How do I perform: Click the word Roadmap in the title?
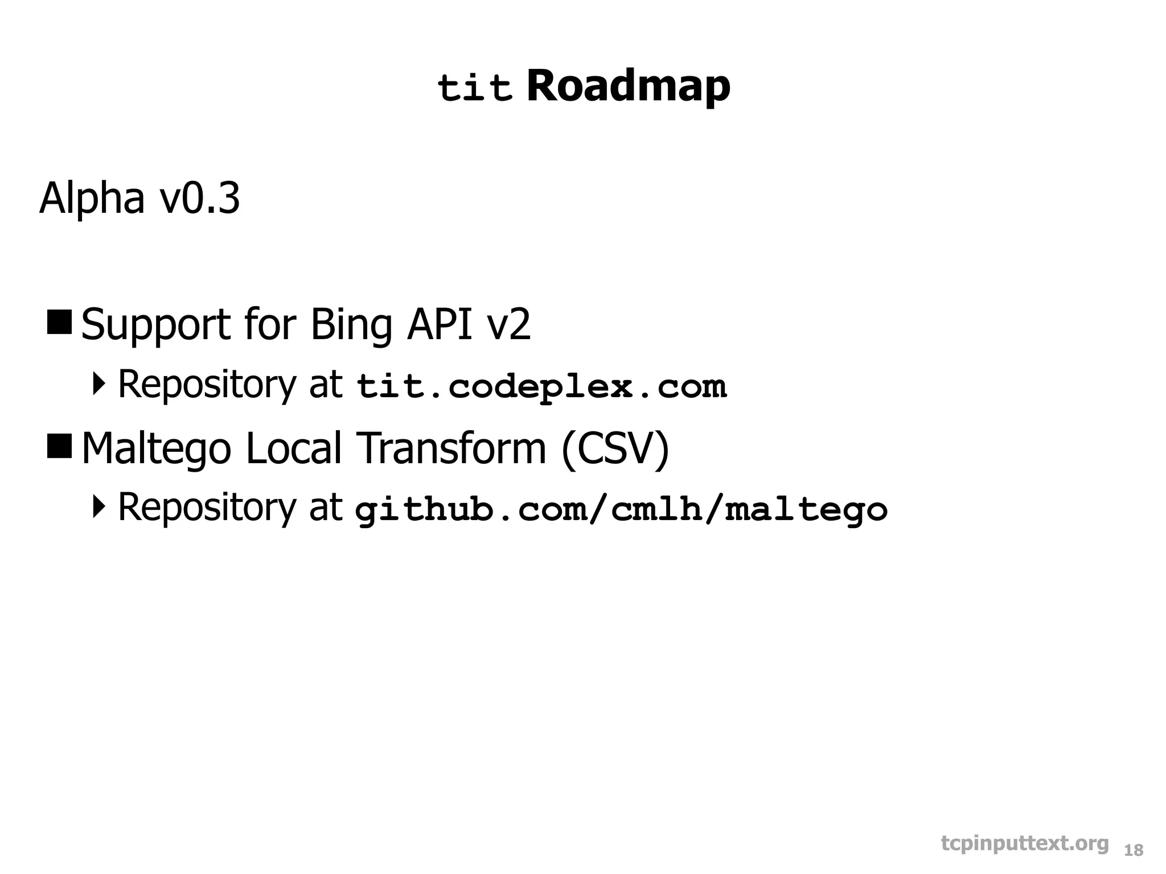tap(628, 86)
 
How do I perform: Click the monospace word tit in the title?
tap(475, 89)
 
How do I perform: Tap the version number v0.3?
tap(199, 199)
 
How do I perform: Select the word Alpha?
tap(92, 199)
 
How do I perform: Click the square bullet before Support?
tap(59, 323)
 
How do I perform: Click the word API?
tap(439, 324)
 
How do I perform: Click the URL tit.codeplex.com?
tap(541, 387)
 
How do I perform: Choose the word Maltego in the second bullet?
tap(156, 449)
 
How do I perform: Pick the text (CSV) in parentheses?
tap(615, 449)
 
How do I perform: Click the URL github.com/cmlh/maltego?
tap(621, 510)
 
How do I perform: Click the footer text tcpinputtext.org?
tap(1025, 844)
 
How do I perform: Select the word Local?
tap(294, 448)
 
